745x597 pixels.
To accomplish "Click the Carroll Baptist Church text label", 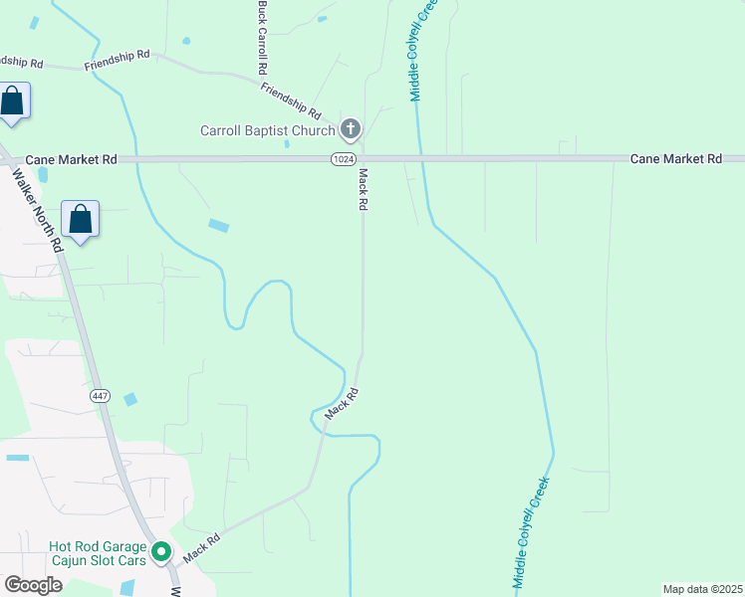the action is pyautogui.click(x=267, y=130).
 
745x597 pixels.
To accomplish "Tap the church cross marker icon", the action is pyautogui.click(x=350, y=128).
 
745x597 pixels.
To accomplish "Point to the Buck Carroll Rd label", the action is pyautogui.click(x=262, y=40).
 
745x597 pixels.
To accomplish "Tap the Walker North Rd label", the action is pyautogui.click(x=36, y=208).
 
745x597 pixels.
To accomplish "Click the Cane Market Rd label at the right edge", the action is pyautogui.click(x=676, y=159).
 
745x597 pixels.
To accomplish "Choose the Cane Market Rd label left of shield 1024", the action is pyautogui.click(x=71, y=159).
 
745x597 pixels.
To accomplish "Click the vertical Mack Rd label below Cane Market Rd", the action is pyautogui.click(x=364, y=189).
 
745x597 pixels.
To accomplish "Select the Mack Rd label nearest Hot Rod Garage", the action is pyautogui.click(x=199, y=541).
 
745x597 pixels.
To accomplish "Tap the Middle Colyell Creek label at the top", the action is pyautogui.click(x=422, y=50).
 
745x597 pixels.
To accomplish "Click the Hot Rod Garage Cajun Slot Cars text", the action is pyautogui.click(x=98, y=553).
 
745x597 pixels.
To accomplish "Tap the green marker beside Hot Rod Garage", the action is pyautogui.click(x=161, y=550).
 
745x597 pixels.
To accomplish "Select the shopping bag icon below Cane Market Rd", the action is pyautogui.click(x=80, y=219).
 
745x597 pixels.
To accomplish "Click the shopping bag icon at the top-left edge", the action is pyautogui.click(x=12, y=100).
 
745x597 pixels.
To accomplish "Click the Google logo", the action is pyautogui.click(x=34, y=585).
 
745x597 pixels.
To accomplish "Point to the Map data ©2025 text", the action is pyautogui.click(x=701, y=589).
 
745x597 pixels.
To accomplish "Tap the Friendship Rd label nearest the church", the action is pyautogui.click(x=290, y=100).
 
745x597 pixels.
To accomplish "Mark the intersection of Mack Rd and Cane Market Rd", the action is pyautogui.click(x=363, y=158).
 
